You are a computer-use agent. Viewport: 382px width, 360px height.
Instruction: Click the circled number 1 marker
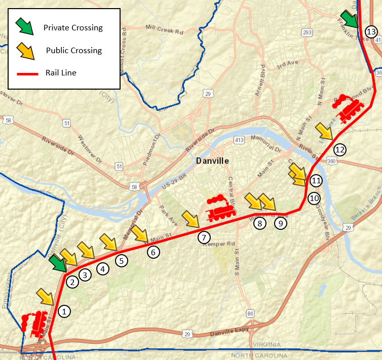tap(64, 311)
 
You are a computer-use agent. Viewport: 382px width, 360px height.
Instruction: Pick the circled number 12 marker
tap(339, 150)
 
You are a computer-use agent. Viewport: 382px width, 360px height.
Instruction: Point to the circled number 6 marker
tap(153, 251)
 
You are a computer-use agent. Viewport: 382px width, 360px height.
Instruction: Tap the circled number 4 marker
tap(103, 269)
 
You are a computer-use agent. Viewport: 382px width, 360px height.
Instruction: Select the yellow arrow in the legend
tap(24, 50)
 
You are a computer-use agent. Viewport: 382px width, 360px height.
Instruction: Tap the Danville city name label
tap(213, 161)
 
